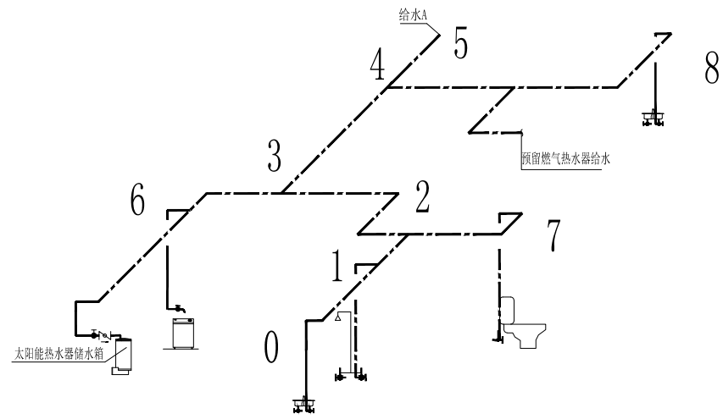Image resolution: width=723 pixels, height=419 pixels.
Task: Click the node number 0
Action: [271, 347]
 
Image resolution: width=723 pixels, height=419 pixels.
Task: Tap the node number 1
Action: [337, 267]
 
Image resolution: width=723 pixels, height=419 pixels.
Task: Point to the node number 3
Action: [273, 155]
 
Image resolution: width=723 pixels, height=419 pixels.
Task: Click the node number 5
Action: [461, 42]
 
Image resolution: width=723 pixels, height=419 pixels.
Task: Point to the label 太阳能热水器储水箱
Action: [58, 352]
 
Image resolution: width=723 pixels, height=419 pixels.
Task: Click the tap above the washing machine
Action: [179, 308]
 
